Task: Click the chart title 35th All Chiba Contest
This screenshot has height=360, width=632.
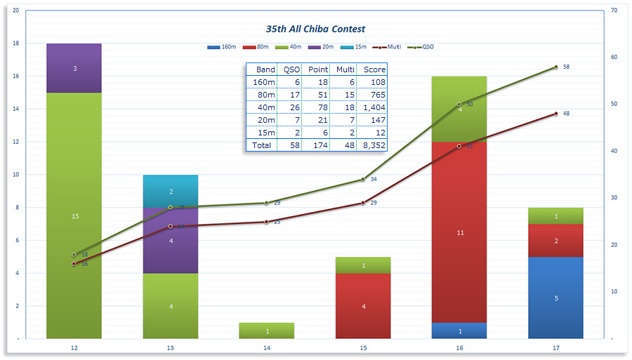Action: (x=315, y=29)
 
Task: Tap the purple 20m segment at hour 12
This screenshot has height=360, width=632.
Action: (x=74, y=68)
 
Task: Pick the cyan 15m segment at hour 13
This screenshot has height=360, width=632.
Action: (x=171, y=191)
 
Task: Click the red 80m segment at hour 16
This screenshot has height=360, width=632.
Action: (x=460, y=232)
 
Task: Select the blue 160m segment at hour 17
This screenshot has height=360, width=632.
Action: (x=556, y=298)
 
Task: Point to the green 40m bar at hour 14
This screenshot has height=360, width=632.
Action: (x=267, y=331)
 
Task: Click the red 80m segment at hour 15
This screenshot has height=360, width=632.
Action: (x=363, y=306)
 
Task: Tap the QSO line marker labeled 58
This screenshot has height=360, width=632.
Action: (x=555, y=67)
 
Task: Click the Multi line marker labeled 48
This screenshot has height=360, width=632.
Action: (x=555, y=114)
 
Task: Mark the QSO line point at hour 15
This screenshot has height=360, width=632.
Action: (x=363, y=180)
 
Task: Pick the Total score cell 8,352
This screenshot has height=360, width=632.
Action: (x=371, y=145)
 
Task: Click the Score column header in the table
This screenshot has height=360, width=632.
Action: (x=371, y=69)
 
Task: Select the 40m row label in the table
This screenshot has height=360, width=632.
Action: (x=265, y=107)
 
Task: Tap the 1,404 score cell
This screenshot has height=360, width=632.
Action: (x=371, y=107)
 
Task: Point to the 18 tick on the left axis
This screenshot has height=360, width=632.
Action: (x=16, y=44)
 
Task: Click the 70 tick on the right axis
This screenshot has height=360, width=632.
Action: (x=614, y=11)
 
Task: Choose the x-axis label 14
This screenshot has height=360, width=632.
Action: (x=267, y=347)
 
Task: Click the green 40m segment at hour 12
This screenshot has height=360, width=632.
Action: (x=74, y=216)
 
